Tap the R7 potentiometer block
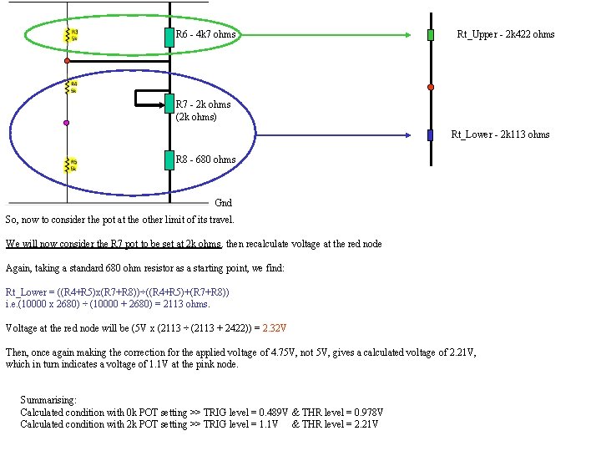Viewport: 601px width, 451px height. [169, 104]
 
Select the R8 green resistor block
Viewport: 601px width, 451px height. [169, 159]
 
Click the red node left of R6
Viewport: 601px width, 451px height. [67, 61]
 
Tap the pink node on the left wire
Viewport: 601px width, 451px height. [67, 123]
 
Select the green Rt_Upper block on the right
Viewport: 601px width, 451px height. [431, 35]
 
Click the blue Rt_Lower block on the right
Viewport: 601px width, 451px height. [431, 134]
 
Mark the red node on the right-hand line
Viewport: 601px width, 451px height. [431, 86]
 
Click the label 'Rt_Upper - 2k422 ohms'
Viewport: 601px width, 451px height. [505, 34]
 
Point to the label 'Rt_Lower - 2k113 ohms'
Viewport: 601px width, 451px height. [500, 134]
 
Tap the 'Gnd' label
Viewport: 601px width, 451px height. [224, 203]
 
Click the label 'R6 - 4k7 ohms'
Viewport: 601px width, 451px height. [205, 34]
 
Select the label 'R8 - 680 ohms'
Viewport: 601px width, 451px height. [205, 159]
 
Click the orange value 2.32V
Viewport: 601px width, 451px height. [275, 328]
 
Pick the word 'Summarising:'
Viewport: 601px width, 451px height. [48, 401]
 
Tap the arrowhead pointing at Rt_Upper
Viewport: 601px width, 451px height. [408, 35]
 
